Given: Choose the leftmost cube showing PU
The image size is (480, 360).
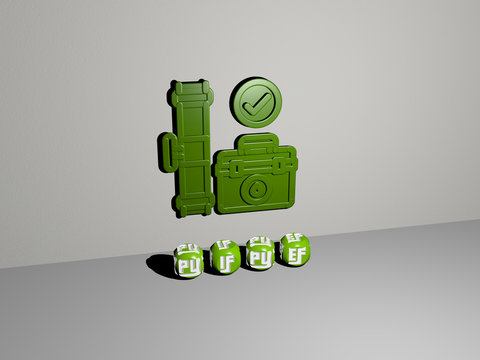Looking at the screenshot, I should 188,264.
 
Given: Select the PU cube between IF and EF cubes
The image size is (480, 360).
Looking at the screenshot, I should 260,259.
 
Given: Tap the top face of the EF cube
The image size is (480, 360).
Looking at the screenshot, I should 293,238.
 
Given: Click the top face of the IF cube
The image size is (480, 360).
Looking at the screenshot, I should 224,245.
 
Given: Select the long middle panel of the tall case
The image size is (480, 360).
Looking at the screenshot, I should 192,150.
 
